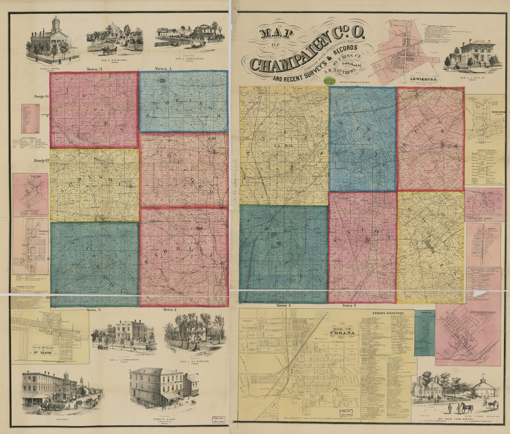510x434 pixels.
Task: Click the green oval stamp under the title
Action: [330, 81]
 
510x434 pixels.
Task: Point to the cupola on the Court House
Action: [56, 23]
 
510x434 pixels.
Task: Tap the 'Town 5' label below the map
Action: [283, 306]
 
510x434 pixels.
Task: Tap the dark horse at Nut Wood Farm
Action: [465, 408]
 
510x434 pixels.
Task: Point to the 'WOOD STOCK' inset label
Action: [491, 112]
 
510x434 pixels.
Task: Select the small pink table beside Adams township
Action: [30, 119]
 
